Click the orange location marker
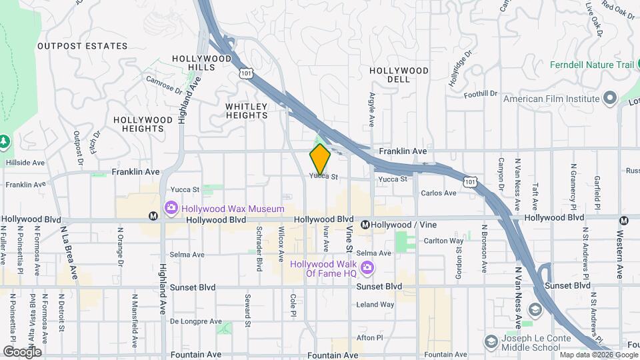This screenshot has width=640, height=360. [x=320, y=159]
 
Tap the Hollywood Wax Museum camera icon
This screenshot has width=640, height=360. [x=171, y=209]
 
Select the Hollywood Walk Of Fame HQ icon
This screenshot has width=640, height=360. [x=367, y=269]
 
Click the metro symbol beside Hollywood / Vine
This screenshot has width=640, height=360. [x=365, y=225]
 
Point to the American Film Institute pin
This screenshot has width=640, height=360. [x=609, y=99]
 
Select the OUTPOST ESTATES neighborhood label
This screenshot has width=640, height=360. [x=82, y=46]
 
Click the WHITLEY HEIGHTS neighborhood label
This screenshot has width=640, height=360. [x=246, y=111]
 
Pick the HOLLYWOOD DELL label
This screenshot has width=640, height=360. [x=399, y=75]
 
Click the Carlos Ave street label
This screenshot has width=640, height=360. [x=439, y=193]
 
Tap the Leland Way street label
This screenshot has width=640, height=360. [x=375, y=305]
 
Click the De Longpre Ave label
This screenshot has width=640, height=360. [x=195, y=321]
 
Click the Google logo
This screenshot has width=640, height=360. [x=22, y=351]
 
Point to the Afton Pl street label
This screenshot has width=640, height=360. [x=370, y=337]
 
